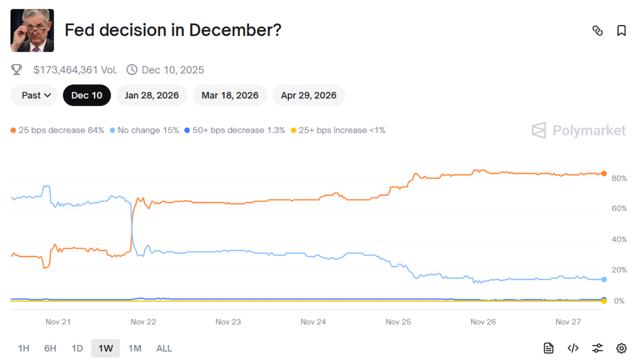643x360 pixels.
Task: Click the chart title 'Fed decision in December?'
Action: [173, 30]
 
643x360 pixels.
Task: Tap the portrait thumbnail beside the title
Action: [32, 31]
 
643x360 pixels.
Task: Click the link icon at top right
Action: [597, 31]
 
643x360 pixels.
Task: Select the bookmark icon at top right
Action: [621, 31]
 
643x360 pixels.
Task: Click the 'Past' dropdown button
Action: [34, 95]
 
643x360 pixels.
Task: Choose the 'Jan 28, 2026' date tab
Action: [152, 95]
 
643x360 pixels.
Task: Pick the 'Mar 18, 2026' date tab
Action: [230, 95]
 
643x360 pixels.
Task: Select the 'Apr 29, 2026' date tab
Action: [308, 95]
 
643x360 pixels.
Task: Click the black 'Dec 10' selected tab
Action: [87, 95]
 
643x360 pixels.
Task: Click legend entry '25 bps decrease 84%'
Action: [57, 130]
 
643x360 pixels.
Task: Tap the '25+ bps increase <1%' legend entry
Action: [338, 130]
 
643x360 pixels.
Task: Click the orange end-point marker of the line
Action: [604, 173]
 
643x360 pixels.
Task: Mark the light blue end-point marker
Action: [604, 279]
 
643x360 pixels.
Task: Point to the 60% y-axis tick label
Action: [619, 209]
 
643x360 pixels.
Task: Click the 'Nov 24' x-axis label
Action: [313, 322]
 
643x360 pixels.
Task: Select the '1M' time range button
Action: [134, 348]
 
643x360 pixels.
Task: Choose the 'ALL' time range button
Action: [164, 348]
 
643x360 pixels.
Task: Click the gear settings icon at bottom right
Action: [621, 348]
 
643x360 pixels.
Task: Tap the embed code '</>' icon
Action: [573, 348]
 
